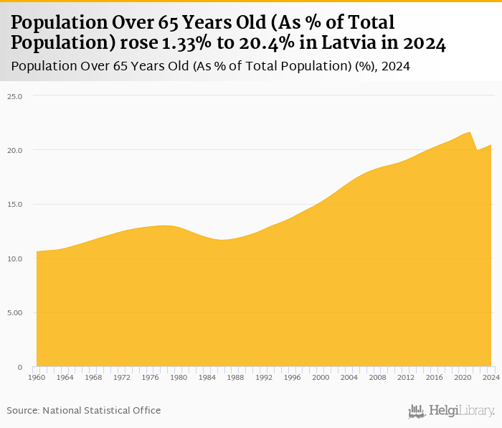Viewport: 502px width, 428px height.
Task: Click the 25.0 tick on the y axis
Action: click(x=15, y=96)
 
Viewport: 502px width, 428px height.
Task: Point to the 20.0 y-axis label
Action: click(x=15, y=150)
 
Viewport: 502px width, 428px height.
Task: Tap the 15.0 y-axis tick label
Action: click(x=15, y=204)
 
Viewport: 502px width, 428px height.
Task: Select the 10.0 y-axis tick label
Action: click(x=15, y=259)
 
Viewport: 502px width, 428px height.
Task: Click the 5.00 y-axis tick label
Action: click(x=15, y=312)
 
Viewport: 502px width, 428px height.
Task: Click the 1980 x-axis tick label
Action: click(x=179, y=377)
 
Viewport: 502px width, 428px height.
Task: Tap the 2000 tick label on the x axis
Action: click(x=321, y=377)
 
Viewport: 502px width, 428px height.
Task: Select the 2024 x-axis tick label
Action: click(x=491, y=377)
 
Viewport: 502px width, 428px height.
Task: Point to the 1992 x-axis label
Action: click(x=264, y=377)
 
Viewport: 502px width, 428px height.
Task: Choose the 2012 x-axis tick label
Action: click(x=406, y=377)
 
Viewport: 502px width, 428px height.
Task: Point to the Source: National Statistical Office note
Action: click(x=84, y=411)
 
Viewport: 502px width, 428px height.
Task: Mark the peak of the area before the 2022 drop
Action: click(x=470, y=132)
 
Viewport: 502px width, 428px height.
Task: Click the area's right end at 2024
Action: click(x=491, y=145)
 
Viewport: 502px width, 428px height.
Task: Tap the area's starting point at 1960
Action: click(x=37, y=251)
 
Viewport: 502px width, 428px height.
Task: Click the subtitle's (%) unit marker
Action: click(x=364, y=67)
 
